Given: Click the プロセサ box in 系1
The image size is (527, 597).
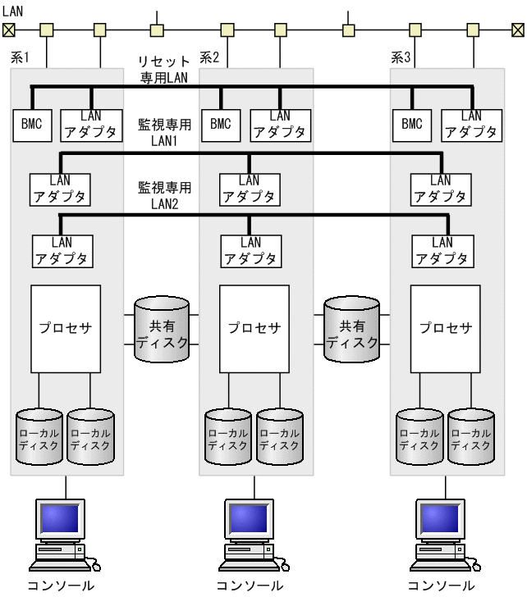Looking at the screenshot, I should [66, 328].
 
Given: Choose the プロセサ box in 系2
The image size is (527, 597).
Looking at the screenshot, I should [254, 328].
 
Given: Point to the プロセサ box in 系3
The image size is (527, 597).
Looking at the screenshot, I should [446, 328].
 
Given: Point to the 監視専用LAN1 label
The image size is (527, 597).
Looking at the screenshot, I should [164, 133].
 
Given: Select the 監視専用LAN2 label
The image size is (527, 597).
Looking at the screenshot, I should [164, 195].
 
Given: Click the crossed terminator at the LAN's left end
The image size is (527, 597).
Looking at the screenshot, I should [8, 30].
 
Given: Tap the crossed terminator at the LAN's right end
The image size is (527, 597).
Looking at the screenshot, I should [517, 30].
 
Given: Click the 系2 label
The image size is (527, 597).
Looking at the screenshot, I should [209, 58].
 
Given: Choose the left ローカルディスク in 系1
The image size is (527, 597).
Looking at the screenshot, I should [39, 436].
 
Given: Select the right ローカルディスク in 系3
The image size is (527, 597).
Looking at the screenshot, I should [471, 436].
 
